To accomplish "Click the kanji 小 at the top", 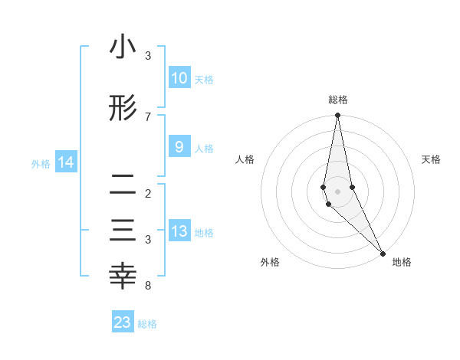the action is [x=123, y=47].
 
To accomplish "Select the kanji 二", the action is [x=123, y=185].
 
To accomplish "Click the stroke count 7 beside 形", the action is [x=148, y=116].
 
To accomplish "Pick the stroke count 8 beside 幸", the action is [x=148, y=286].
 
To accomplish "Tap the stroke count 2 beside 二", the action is [x=148, y=193].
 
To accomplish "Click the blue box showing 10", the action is [x=179, y=78].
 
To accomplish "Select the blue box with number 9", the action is [x=179, y=147].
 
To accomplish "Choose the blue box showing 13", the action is [x=179, y=231].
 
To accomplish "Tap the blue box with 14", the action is [x=66, y=162].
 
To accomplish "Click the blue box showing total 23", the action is [x=123, y=322].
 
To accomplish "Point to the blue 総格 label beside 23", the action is [x=147, y=324].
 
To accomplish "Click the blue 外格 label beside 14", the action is [x=41, y=163].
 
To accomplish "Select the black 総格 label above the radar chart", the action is [x=337, y=100].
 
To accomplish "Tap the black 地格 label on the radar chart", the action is [x=402, y=262].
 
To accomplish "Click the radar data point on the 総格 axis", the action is [x=337, y=116].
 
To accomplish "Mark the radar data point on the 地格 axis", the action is [x=383, y=252].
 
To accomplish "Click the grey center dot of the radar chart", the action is [x=337, y=191].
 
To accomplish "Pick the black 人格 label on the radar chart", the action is [x=245, y=159].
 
